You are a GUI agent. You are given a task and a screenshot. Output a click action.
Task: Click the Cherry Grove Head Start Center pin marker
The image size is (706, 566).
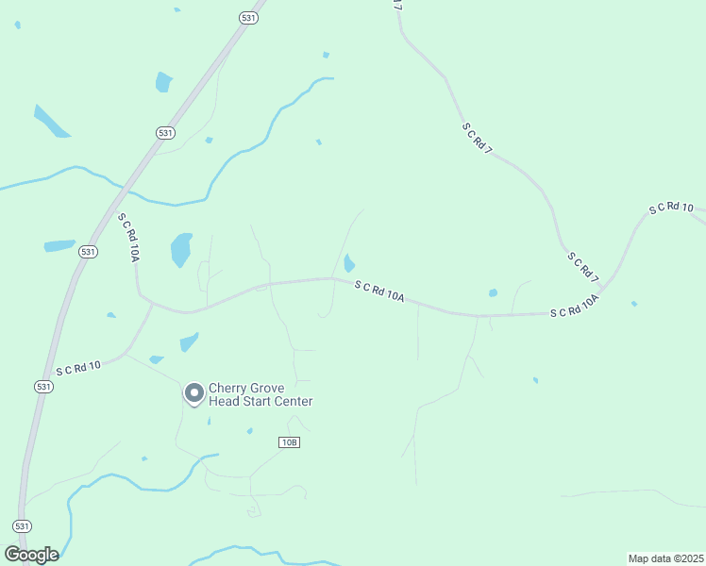(194, 392)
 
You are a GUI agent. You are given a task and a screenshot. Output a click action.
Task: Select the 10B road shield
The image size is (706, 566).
(289, 442)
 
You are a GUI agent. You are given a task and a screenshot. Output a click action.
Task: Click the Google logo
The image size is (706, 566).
(31, 554)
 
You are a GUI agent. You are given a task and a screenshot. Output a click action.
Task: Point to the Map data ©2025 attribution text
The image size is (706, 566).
(665, 558)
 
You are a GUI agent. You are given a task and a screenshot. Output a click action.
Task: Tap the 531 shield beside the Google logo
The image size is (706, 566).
(22, 525)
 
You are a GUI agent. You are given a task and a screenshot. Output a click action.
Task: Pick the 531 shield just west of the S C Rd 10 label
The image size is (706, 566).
(42, 387)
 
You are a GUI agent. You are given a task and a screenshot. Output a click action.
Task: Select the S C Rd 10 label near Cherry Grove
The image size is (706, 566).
(78, 367)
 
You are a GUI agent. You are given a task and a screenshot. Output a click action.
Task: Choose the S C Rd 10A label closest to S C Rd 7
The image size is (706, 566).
(575, 307)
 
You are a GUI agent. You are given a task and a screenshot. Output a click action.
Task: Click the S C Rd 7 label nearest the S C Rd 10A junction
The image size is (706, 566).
(583, 265)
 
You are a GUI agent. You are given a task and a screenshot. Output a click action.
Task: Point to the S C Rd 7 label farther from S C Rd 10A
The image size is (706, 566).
(478, 138)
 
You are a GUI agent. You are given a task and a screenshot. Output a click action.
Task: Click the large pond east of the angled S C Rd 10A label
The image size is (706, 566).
(181, 250)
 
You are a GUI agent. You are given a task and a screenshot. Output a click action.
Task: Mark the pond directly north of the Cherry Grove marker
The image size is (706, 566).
(190, 341)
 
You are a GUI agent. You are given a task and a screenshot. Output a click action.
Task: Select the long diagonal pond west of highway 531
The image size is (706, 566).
(51, 122)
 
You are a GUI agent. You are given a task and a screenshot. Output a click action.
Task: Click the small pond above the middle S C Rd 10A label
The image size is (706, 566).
(349, 262)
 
